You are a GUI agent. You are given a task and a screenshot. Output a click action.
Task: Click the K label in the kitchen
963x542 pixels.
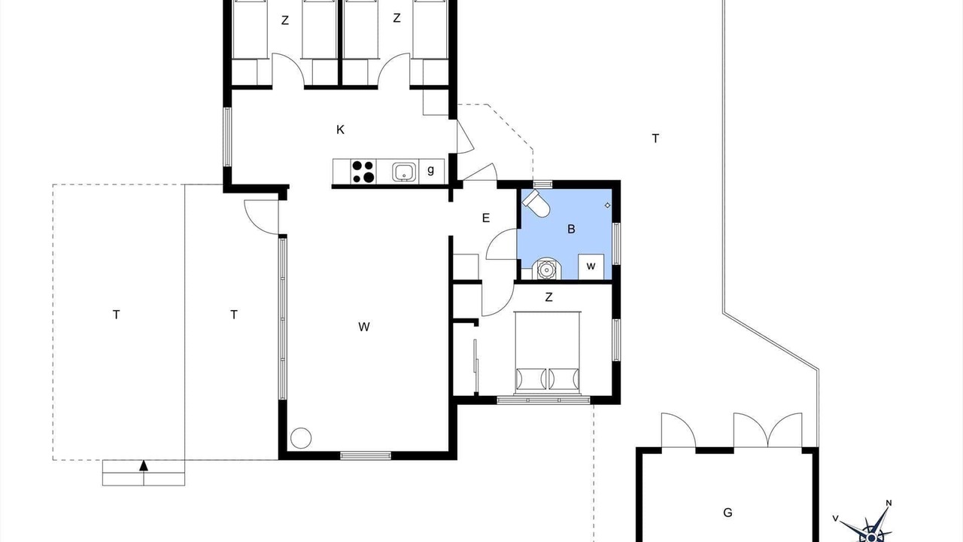(340, 129)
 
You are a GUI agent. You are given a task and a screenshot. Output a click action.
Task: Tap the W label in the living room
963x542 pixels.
(363, 327)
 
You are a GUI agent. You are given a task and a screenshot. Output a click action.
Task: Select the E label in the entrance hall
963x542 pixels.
(486, 218)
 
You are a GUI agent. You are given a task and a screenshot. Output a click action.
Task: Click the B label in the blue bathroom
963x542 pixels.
(571, 230)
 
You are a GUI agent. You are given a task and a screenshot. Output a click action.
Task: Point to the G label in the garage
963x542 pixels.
(728, 513)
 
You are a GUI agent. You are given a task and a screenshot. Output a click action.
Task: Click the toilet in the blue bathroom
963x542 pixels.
(536, 204)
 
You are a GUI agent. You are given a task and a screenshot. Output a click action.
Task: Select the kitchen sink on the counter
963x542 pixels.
(405, 172)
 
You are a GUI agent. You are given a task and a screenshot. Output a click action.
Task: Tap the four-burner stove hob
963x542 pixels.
(363, 172)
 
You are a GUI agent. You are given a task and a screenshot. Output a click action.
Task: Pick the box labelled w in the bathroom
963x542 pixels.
(591, 266)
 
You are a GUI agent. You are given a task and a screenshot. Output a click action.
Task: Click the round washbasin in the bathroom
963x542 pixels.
(546, 269)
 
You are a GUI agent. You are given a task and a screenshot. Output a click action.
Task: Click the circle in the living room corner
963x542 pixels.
(301, 438)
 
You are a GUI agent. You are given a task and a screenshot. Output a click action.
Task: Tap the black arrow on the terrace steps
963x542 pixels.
(144, 465)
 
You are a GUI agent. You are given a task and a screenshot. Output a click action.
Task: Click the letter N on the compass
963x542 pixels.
(889, 504)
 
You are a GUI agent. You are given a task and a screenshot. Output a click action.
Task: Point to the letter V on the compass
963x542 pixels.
(835, 519)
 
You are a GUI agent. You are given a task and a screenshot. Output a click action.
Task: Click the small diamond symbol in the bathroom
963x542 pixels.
(607, 206)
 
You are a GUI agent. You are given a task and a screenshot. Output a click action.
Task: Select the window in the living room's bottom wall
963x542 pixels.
(366, 455)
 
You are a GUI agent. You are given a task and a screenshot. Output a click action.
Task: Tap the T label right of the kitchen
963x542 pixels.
(655, 139)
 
